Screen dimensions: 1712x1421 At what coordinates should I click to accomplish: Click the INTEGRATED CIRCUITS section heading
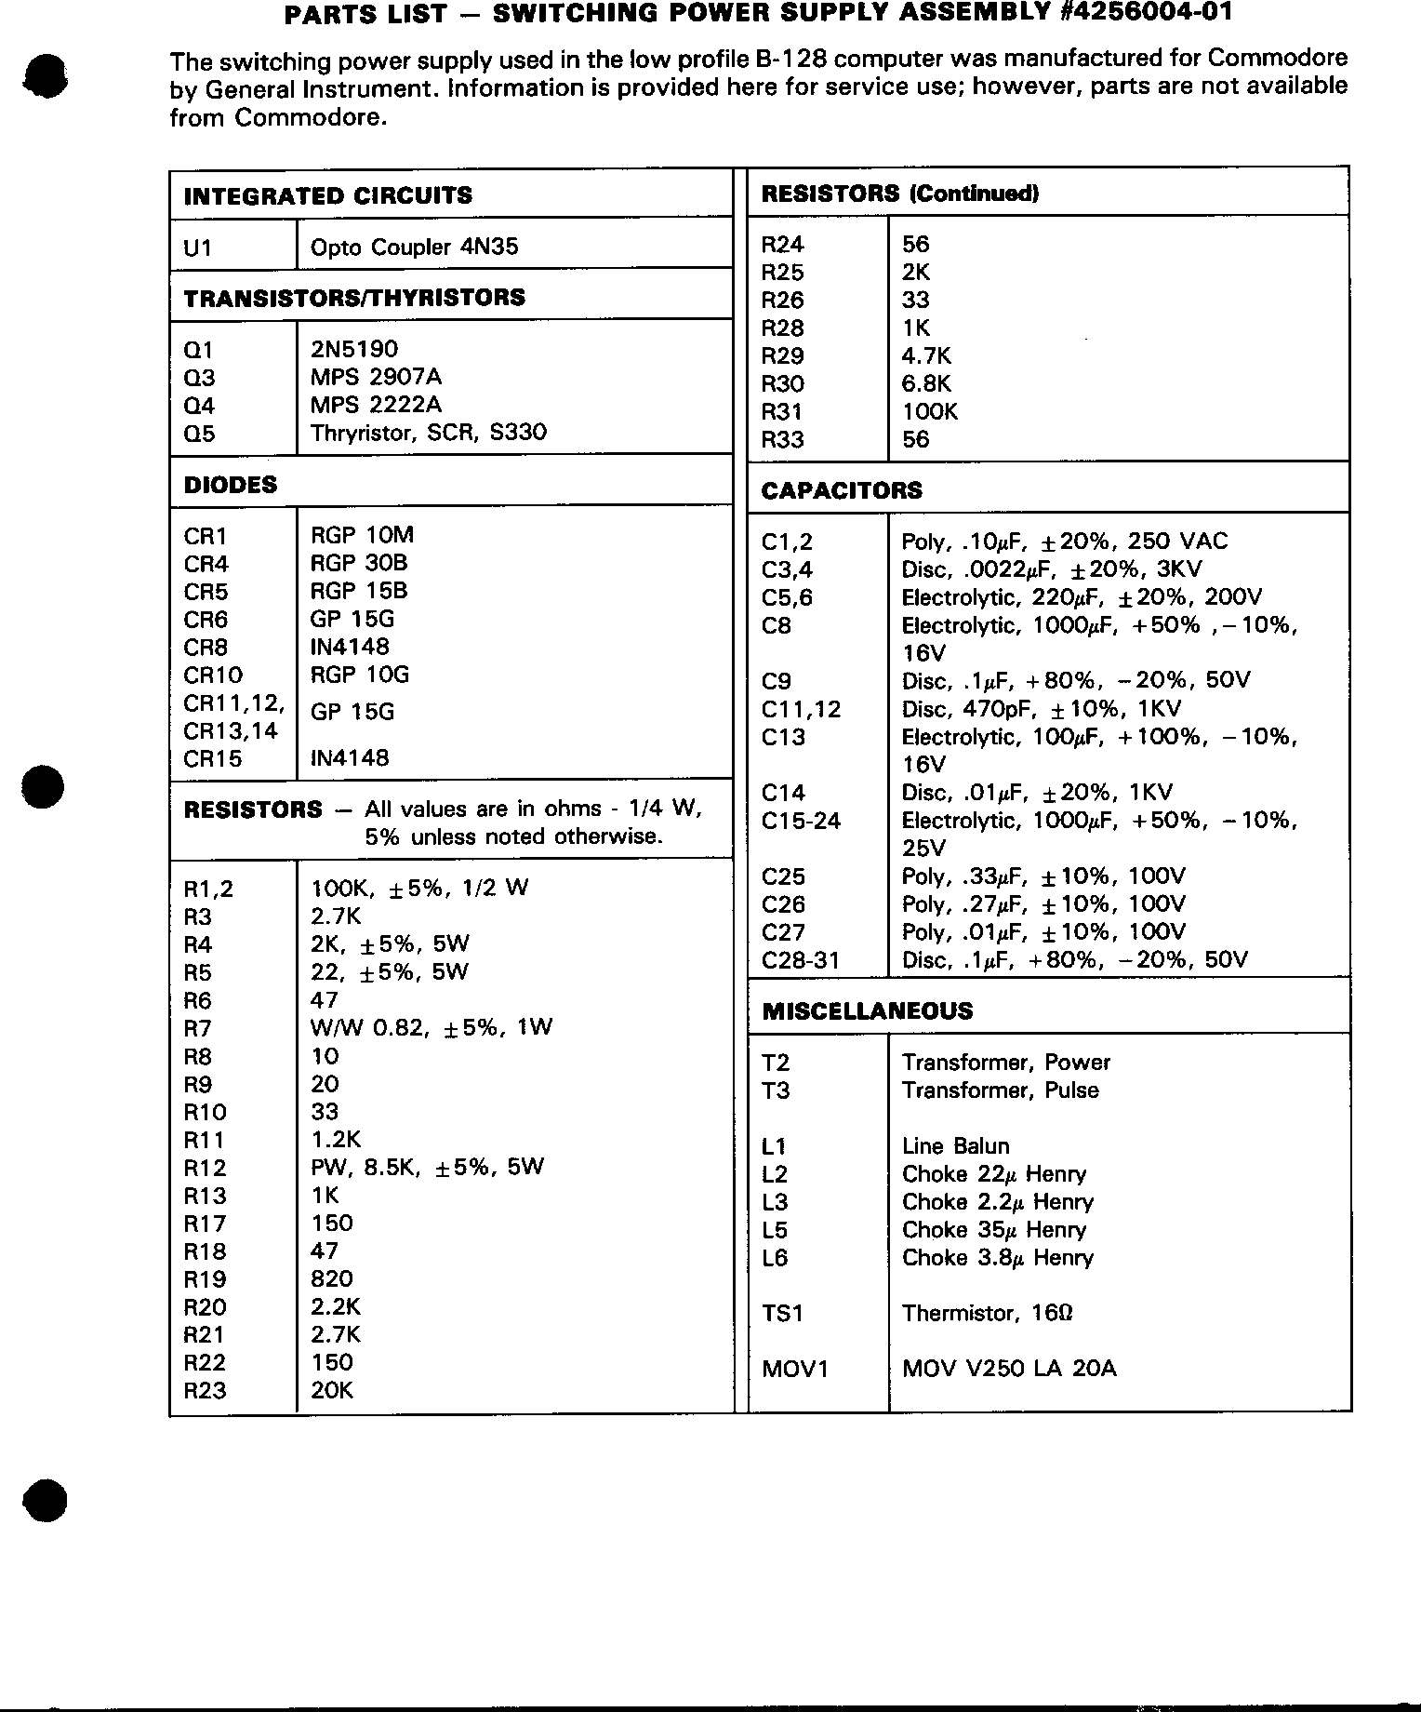coord(327,196)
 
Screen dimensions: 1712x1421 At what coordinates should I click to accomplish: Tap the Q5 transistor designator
coord(199,434)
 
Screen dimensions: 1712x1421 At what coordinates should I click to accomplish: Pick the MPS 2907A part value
coord(376,377)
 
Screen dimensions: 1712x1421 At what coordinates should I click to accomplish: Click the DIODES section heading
coord(230,485)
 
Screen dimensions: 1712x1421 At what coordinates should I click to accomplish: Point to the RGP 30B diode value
coord(358,563)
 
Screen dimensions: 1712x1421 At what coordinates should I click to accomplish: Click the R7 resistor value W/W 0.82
coord(431,1028)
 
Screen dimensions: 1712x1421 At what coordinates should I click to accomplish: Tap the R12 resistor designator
coord(205,1169)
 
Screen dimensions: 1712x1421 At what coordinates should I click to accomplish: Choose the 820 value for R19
coord(331,1279)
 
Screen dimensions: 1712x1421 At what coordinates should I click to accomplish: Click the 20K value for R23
coord(331,1391)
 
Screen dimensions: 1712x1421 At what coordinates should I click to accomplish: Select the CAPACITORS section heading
coord(841,490)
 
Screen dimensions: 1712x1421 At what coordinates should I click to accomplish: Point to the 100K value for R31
coord(929,412)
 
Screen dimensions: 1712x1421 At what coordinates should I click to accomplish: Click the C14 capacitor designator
coord(782,793)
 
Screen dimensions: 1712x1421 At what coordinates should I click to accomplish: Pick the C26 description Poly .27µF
coord(1043,904)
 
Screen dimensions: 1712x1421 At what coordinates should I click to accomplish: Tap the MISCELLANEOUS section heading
coord(867,1011)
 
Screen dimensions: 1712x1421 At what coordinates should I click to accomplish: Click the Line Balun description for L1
coord(955,1146)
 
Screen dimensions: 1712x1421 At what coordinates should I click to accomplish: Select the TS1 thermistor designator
coord(782,1314)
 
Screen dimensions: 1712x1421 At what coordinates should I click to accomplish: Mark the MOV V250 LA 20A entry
coord(1009,1369)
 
